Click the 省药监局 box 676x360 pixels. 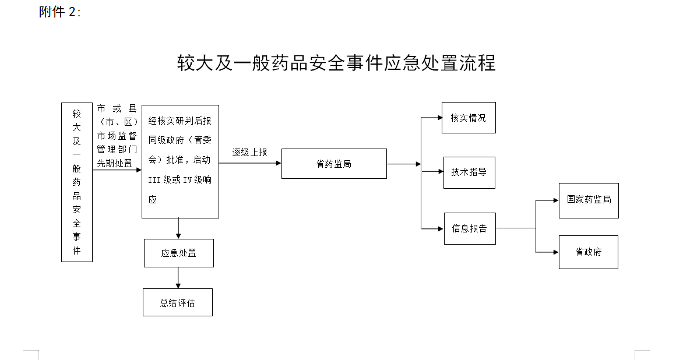click(x=334, y=164)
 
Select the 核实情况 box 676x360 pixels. click(x=469, y=118)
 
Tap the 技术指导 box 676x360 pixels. click(x=469, y=172)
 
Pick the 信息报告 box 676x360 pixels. click(x=470, y=228)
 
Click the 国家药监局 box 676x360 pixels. click(x=589, y=200)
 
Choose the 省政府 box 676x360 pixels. click(x=588, y=252)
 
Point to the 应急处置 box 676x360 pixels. click(x=178, y=253)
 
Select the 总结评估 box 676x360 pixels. click(x=178, y=302)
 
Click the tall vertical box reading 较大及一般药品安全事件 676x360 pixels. click(x=77, y=182)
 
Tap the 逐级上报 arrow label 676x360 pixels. click(x=249, y=152)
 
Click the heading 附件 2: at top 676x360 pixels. click(x=60, y=12)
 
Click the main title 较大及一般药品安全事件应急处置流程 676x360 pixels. click(x=336, y=63)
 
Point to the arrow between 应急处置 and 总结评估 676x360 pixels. click(x=178, y=278)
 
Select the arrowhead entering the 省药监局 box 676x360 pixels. click(x=278, y=164)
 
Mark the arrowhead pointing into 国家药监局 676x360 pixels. click(x=555, y=200)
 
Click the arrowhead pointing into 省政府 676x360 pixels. click(x=555, y=252)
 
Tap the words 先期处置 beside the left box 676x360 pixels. click(x=114, y=163)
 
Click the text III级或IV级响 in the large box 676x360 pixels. click(x=180, y=180)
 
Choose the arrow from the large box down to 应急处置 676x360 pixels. click(x=178, y=228)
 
